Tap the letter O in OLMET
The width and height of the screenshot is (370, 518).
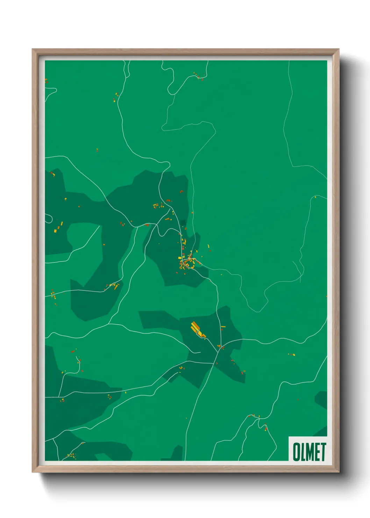point(296,452)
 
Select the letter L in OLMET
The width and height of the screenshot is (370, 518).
point(303,452)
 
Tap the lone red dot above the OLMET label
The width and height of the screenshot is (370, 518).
point(298,399)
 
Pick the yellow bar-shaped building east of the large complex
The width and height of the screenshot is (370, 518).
point(223,327)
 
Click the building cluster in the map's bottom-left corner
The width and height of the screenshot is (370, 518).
point(71,455)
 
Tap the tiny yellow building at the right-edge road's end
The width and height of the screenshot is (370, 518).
point(315,197)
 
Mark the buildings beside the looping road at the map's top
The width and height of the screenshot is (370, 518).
point(198,76)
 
